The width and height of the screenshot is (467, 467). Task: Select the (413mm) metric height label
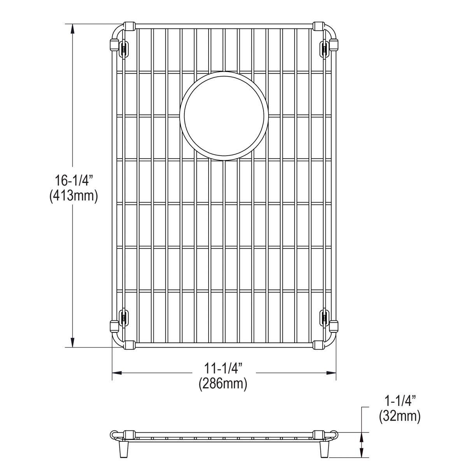pyautogui.click(x=73, y=196)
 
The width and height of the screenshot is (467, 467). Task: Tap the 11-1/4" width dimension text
pyautogui.click(x=224, y=368)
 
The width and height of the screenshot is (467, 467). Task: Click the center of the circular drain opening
pyautogui.click(x=224, y=116)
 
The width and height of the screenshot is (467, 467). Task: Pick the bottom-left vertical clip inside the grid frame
pyautogui.click(x=124, y=318)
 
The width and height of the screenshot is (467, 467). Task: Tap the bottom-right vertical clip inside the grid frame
pyautogui.click(x=324, y=318)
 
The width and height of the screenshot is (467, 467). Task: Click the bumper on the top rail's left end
pyautogui.click(x=129, y=26)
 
